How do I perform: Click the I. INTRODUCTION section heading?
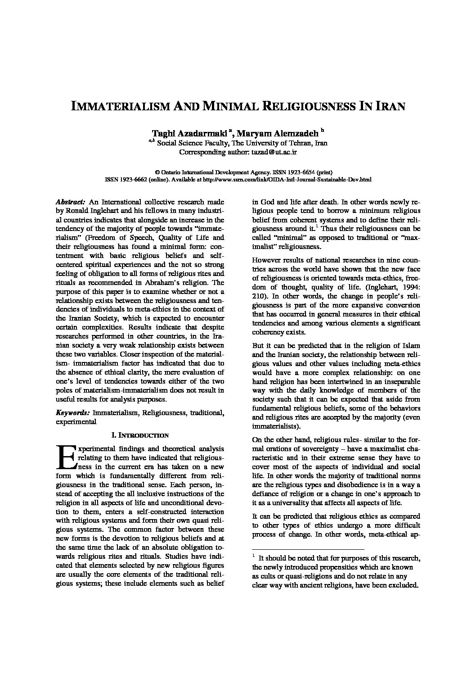pos(140,435)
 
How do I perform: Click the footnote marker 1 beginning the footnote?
pos(254,557)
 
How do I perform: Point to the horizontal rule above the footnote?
pos(308,550)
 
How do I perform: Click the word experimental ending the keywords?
pos(76,422)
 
